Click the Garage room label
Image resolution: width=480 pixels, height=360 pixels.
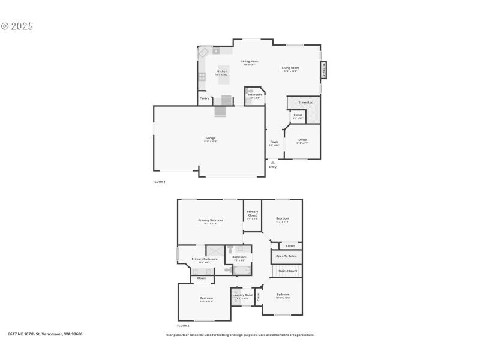tap(209, 138)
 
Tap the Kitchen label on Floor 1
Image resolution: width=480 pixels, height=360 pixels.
tap(221, 71)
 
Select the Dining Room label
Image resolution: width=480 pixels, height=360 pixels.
tap(250, 61)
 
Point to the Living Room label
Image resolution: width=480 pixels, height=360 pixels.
tap(290, 68)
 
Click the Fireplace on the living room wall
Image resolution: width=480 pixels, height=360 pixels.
tap(325, 70)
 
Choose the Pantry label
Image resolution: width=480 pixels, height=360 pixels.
tap(204, 98)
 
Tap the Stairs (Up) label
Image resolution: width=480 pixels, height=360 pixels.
tap(305, 103)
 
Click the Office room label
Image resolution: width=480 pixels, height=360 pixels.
tap(302, 140)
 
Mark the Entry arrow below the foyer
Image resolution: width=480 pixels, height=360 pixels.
tap(272, 162)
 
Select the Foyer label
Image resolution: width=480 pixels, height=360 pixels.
tap(274, 142)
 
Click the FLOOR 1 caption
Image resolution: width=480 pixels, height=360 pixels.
tap(159, 181)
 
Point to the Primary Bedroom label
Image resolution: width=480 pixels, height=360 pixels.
tap(211, 220)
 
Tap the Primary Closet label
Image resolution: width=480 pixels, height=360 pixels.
tap(253, 213)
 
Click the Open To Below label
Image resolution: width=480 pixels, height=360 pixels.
tap(286, 256)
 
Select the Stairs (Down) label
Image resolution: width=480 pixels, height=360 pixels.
tap(288, 271)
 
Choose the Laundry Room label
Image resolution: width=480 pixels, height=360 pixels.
tap(242, 295)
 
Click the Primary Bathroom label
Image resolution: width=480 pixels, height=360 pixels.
tap(205, 259)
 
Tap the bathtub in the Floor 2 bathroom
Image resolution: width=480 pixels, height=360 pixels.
tap(242, 271)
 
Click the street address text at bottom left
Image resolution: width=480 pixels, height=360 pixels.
tap(45, 334)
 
